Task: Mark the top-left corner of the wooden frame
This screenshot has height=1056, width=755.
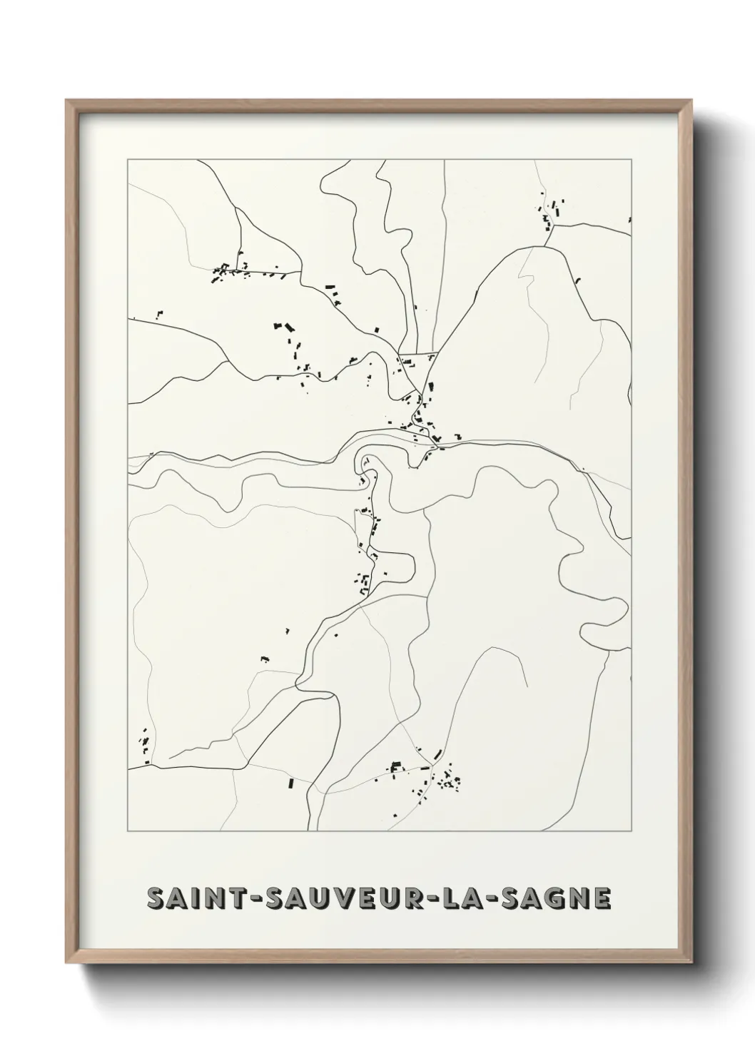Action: click(x=67, y=101)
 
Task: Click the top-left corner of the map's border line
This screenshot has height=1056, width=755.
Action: click(x=128, y=160)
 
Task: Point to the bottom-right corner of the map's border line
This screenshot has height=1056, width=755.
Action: click(x=631, y=831)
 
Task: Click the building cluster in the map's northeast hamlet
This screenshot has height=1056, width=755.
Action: click(x=550, y=212)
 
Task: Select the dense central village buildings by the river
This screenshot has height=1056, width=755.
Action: click(x=421, y=417)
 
